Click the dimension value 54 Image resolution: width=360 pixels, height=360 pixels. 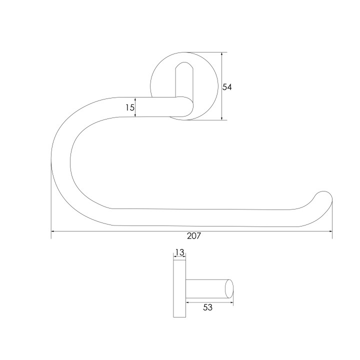point(227,87)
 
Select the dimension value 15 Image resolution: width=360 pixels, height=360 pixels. point(129,107)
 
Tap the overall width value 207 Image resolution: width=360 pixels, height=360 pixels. point(194,236)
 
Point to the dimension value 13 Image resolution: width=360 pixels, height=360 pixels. point(179,252)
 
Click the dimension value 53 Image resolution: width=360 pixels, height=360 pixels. point(208,307)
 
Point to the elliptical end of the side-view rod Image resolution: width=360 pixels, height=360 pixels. point(229,288)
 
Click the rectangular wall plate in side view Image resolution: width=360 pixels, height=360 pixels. point(179,289)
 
